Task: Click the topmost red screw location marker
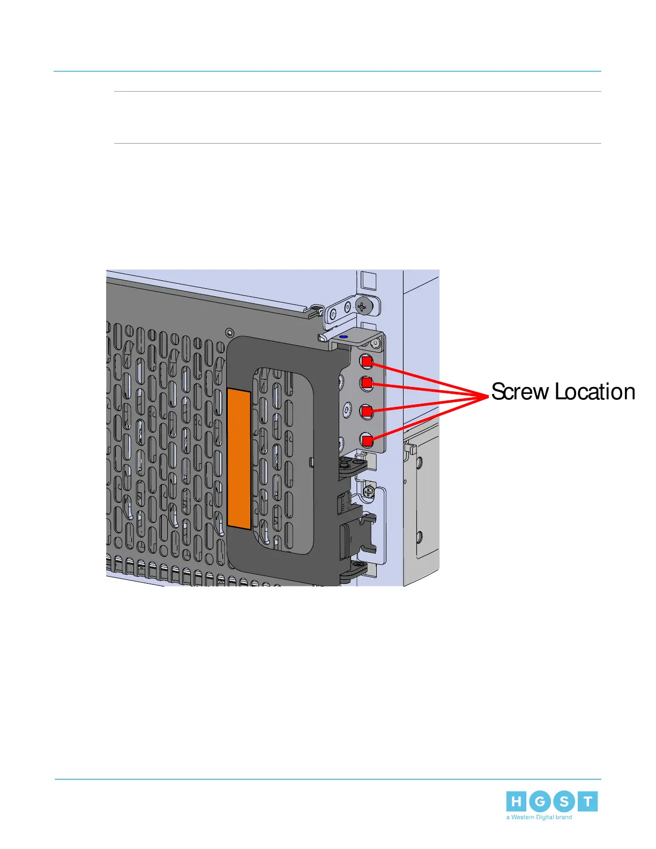point(367,362)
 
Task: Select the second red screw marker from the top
point(367,383)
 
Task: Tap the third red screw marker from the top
point(367,411)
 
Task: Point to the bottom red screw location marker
point(367,441)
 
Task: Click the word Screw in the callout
point(520,392)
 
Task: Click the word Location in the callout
point(595,392)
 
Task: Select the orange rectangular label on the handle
point(239,459)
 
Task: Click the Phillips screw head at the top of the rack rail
point(364,307)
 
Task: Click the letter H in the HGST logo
point(516,802)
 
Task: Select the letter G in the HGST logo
point(540,802)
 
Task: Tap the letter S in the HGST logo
point(564,802)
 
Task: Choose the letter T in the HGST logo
point(588,802)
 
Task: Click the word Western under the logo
point(523,817)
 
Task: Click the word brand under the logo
point(563,817)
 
